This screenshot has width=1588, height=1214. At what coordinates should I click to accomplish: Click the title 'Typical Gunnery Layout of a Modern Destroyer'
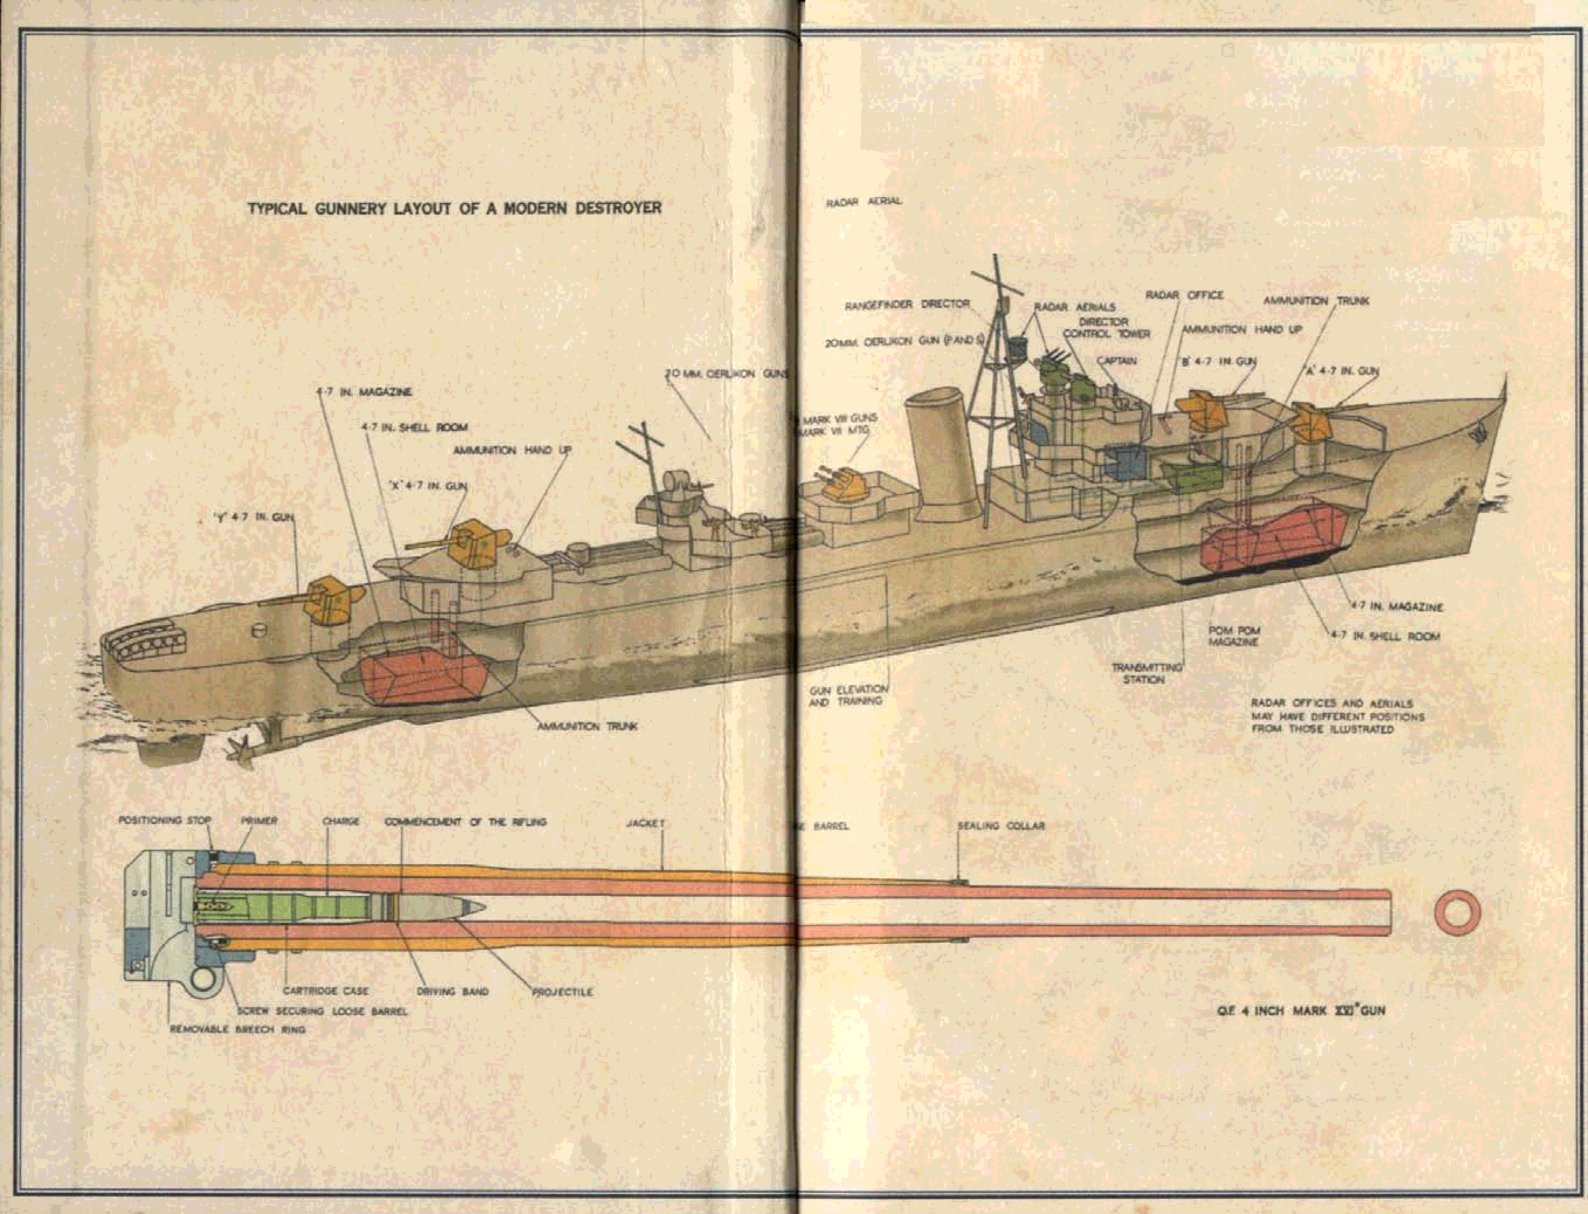point(454,208)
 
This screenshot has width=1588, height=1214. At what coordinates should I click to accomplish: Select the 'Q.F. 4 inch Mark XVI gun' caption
point(1300,1010)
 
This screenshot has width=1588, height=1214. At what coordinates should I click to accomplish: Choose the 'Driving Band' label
point(453,991)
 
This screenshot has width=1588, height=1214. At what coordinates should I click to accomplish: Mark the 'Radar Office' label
point(1184,295)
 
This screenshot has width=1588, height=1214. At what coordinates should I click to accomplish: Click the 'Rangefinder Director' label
point(907,305)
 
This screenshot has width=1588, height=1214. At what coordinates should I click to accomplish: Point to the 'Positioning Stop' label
point(165,820)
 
